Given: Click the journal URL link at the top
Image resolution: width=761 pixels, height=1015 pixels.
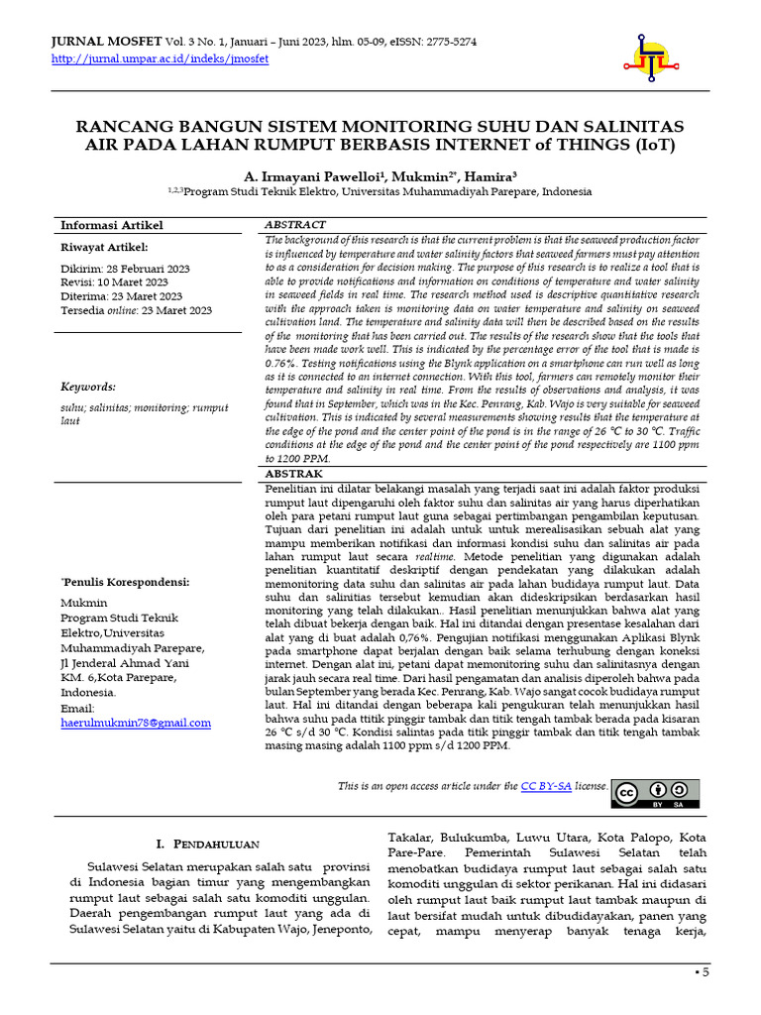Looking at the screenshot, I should pos(159,58).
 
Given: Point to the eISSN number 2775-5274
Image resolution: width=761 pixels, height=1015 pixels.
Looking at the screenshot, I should pos(445,42).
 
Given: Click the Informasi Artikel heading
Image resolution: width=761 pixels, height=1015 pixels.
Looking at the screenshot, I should pos(112,226).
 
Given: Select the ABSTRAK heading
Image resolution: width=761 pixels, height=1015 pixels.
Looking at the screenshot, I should pos(294,475).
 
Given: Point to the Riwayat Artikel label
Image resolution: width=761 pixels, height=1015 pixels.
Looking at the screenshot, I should pos(104,247).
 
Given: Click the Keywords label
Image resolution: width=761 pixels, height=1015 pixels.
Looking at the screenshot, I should pos(88,387).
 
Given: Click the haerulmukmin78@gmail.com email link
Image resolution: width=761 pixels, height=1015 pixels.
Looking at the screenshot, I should pos(136,723).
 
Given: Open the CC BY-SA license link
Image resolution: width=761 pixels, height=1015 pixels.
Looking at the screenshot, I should pos(546,786).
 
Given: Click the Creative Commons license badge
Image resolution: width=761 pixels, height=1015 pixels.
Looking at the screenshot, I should pos(655,793).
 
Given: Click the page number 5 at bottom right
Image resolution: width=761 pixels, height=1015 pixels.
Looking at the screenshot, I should pos(707,972).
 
